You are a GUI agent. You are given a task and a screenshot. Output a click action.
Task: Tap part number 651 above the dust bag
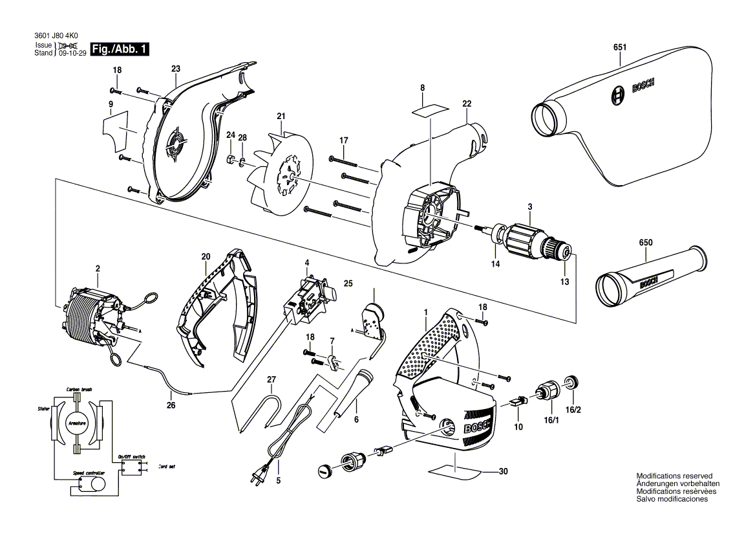(620, 47)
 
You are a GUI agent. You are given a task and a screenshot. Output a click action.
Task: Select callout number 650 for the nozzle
(646, 242)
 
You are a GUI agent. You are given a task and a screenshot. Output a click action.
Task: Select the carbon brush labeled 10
(518, 402)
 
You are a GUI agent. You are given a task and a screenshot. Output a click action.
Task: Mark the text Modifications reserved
(674, 476)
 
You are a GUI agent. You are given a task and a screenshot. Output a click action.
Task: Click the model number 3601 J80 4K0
(59, 37)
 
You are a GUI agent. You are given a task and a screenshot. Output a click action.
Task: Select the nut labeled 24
(230, 159)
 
